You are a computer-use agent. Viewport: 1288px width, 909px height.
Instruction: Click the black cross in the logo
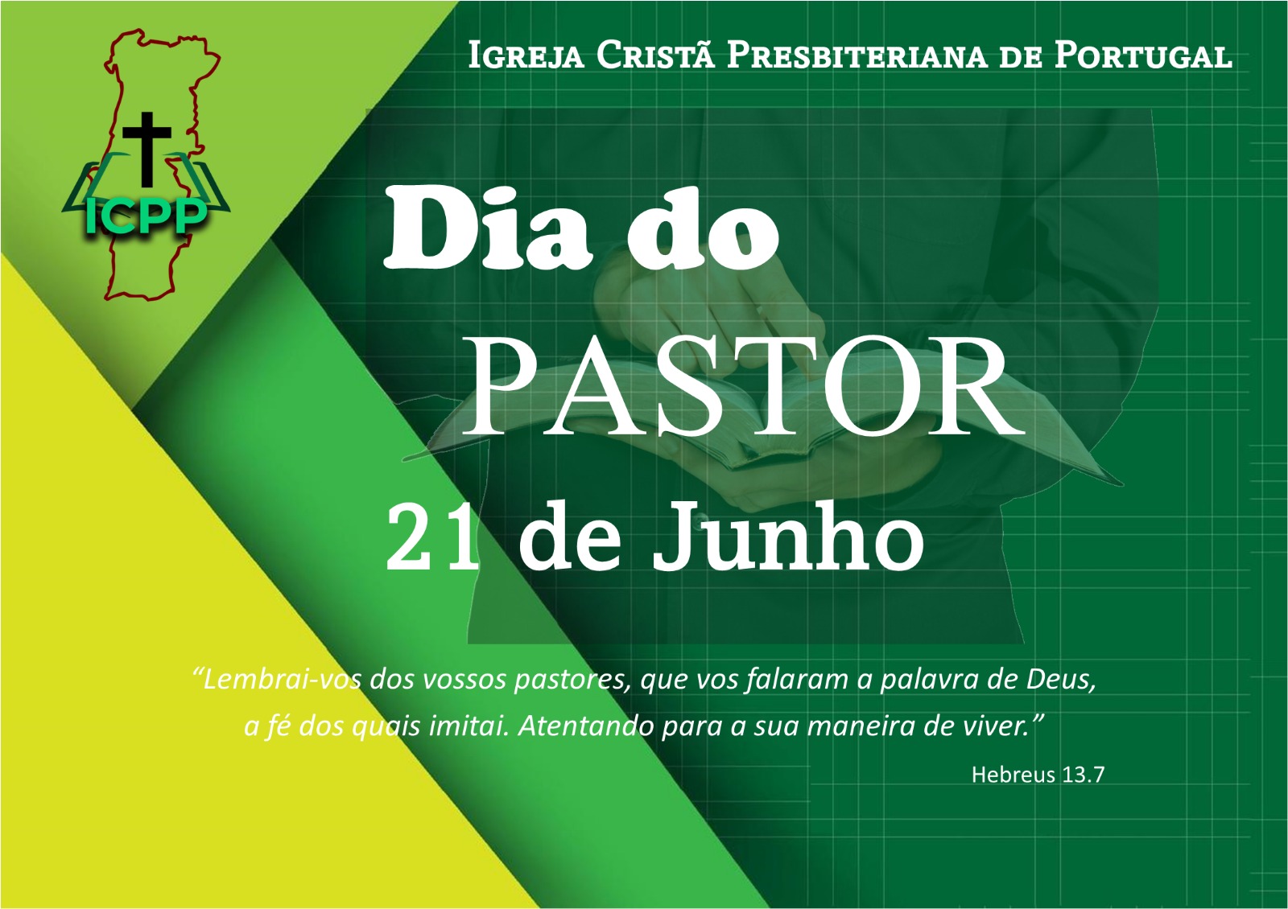point(147,149)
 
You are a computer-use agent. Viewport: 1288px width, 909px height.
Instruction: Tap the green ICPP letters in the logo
point(146,218)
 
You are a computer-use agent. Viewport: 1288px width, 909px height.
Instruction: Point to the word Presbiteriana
point(857,56)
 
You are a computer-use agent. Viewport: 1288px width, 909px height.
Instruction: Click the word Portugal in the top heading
point(1144,56)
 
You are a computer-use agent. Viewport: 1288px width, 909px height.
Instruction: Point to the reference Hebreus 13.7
point(1038,775)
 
